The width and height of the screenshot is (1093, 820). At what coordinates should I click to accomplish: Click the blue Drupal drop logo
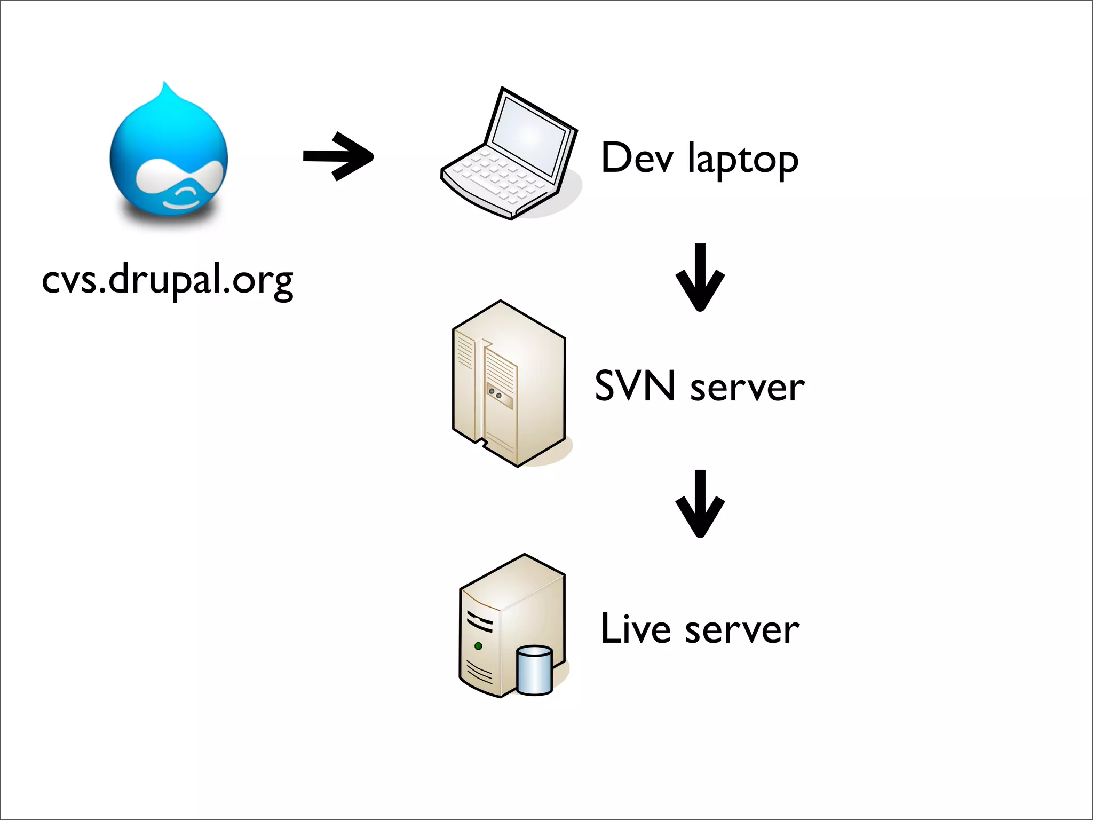point(169,155)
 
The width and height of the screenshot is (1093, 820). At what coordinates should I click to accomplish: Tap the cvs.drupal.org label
point(168,279)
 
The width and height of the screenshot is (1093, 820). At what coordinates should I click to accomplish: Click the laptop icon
point(509,155)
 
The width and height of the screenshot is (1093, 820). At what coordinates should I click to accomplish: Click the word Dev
point(637,158)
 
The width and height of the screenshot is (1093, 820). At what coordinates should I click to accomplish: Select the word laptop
point(743,160)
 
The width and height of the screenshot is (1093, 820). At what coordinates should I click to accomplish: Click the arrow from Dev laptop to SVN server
point(700,278)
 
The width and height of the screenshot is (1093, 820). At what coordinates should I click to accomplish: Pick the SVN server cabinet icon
point(509,383)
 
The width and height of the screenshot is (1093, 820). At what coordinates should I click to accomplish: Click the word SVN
point(635,386)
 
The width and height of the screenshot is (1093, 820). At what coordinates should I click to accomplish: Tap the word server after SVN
point(747,388)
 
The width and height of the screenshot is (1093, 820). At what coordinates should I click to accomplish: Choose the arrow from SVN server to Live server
point(700,504)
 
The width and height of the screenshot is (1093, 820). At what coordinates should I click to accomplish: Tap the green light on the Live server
point(478,646)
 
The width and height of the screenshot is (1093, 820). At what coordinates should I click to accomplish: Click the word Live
point(635,629)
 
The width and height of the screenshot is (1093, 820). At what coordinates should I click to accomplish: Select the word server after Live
point(742,631)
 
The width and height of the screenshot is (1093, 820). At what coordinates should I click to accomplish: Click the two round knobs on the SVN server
point(495,394)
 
